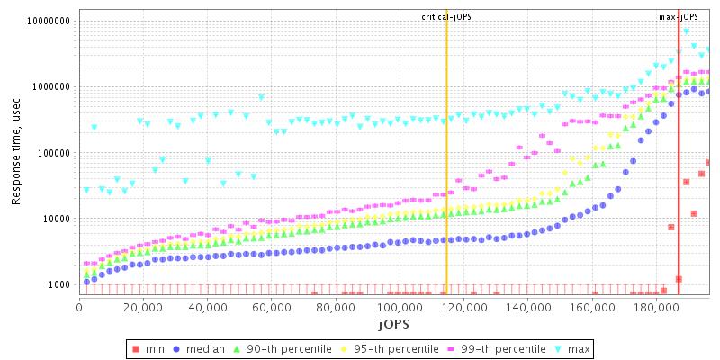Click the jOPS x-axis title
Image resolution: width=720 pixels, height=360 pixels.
394,323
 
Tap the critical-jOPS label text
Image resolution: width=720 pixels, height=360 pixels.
446,17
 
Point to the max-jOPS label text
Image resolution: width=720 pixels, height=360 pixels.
678,17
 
